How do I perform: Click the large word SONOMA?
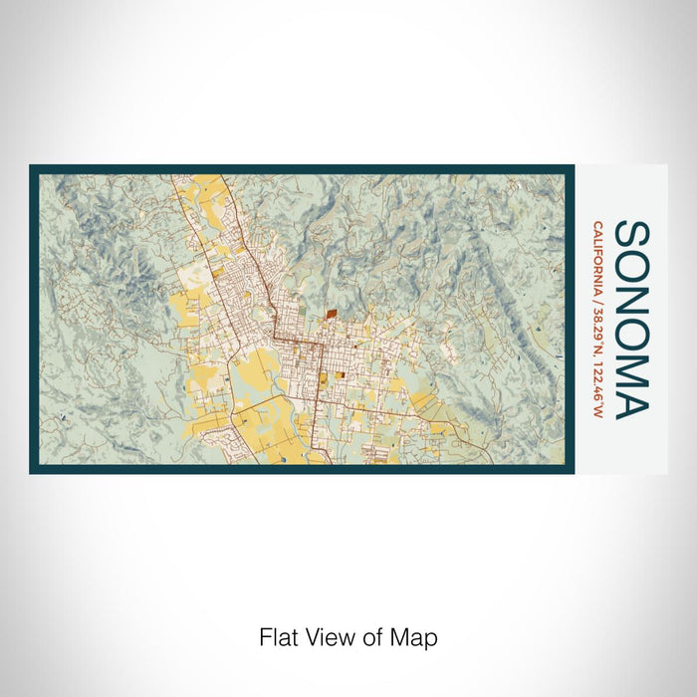(632, 319)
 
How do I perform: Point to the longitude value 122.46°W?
(597, 389)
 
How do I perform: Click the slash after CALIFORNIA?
(597, 299)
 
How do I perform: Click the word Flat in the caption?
(276, 637)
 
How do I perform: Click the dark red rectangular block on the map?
(331, 313)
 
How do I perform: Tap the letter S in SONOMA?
(632, 235)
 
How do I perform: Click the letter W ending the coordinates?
(597, 412)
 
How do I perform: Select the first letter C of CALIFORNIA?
(597, 225)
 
